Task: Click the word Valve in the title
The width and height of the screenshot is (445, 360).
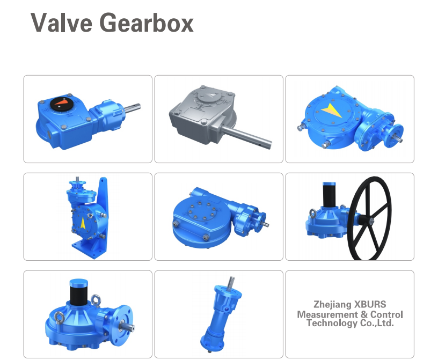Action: click(x=61, y=23)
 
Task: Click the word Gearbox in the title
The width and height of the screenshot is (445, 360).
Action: click(x=147, y=23)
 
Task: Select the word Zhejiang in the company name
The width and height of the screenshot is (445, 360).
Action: click(x=332, y=305)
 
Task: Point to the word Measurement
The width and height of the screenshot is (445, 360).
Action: click(x=327, y=314)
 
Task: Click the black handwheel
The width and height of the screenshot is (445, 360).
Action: click(x=370, y=218)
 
